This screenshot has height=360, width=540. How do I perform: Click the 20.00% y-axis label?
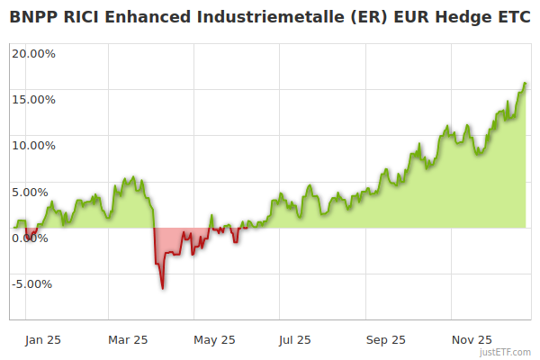[x=33, y=52]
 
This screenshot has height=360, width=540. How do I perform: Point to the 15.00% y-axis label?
[x=33, y=99]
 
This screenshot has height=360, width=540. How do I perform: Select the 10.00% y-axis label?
[x=33, y=145]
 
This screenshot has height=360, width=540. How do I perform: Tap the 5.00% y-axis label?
[x=36, y=192]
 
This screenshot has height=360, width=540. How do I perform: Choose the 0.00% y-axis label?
[x=36, y=238]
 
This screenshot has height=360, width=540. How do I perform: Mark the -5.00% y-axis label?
[x=33, y=284]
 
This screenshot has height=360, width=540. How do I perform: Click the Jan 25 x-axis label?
[x=43, y=340]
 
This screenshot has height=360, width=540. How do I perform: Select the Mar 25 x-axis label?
[x=128, y=340]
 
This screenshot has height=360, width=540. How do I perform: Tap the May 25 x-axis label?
[x=214, y=340]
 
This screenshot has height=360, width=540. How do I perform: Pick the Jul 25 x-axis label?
[x=295, y=340]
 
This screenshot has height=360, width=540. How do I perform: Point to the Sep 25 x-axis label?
[x=384, y=340]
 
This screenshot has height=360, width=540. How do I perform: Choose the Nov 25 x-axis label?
[x=471, y=340]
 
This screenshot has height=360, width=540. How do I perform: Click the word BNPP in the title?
[x=33, y=16]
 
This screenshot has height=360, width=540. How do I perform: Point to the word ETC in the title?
[x=512, y=16]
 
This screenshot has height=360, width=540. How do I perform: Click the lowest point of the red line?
[x=162, y=288]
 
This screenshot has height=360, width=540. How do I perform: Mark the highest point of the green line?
[x=525, y=83]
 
